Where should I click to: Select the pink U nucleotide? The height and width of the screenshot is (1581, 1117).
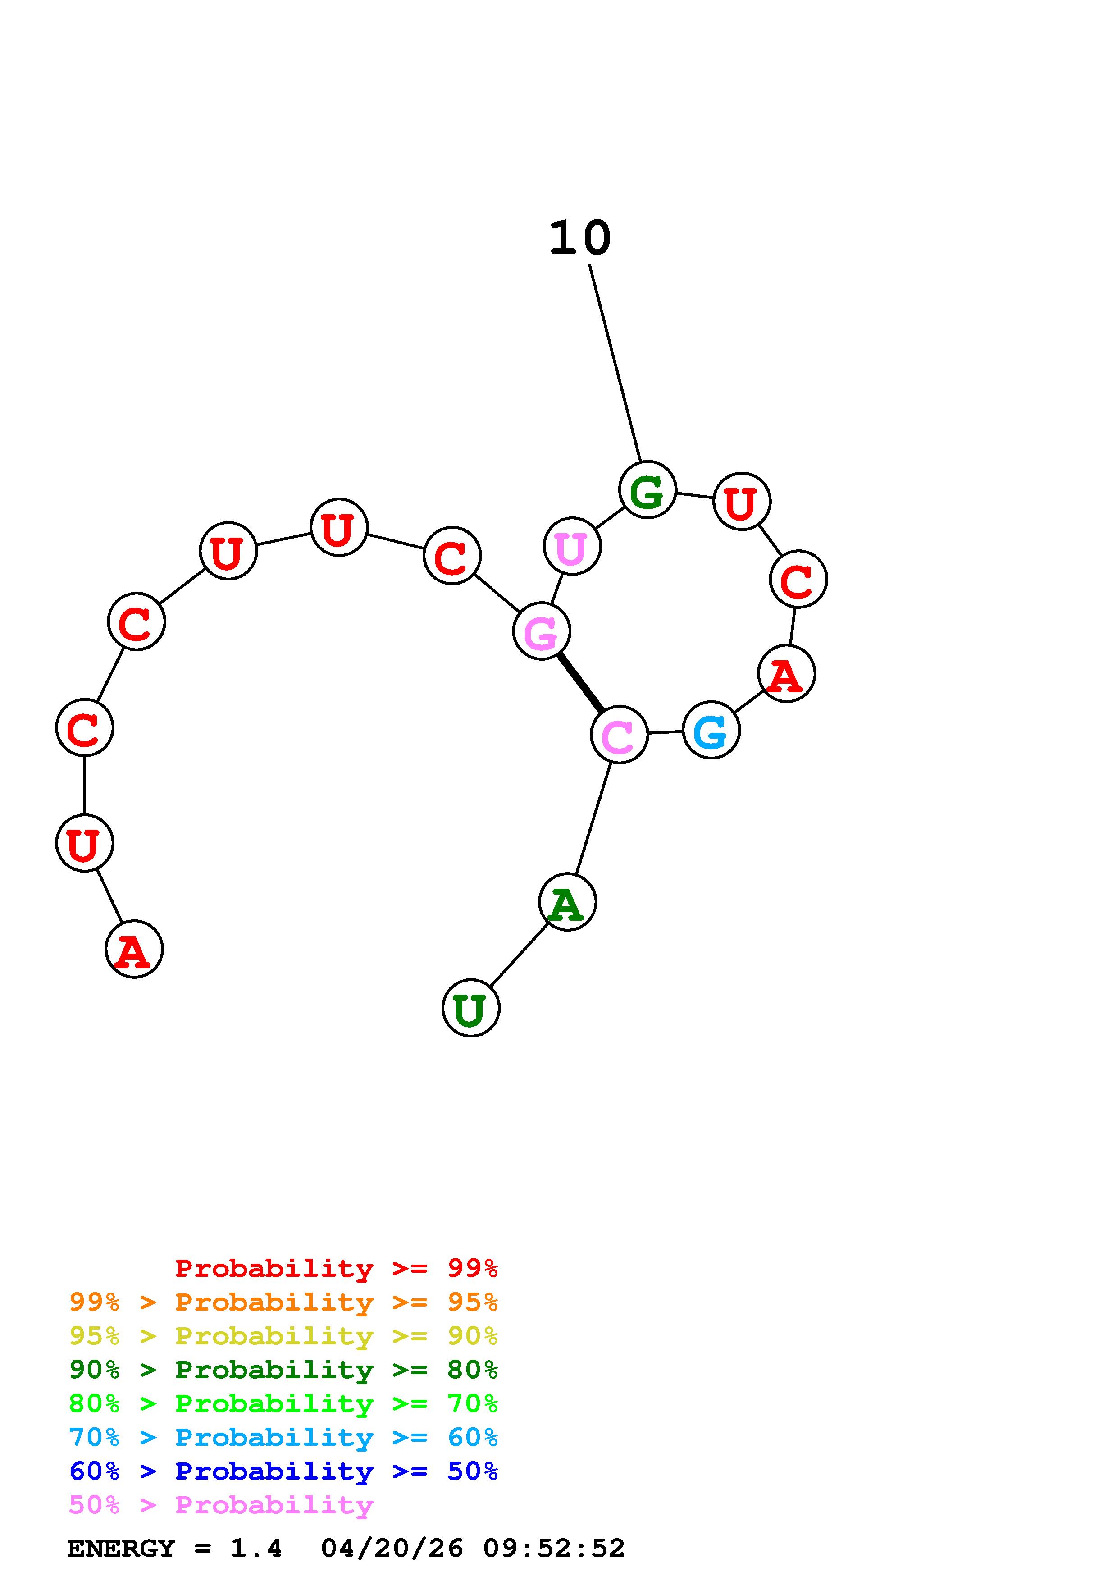click(572, 546)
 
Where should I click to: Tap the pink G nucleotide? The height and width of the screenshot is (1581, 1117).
click(542, 631)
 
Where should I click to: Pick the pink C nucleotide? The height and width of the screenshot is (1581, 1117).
click(619, 734)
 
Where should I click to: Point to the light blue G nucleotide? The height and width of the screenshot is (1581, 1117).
click(711, 730)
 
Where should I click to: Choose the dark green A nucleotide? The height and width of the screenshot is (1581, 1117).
click(567, 902)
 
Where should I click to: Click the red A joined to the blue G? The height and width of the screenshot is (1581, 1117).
click(786, 673)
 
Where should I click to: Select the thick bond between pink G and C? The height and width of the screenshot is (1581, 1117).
click(580, 682)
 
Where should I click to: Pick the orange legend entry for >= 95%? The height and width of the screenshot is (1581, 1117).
click(283, 1302)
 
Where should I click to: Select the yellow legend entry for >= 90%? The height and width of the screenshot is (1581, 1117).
click(283, 1336)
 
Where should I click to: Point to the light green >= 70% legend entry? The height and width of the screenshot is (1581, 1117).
click(283, 1403)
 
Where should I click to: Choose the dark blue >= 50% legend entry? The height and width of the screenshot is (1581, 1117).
click(283, 1471)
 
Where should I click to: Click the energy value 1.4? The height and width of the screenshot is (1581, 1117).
click(256, 1549)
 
